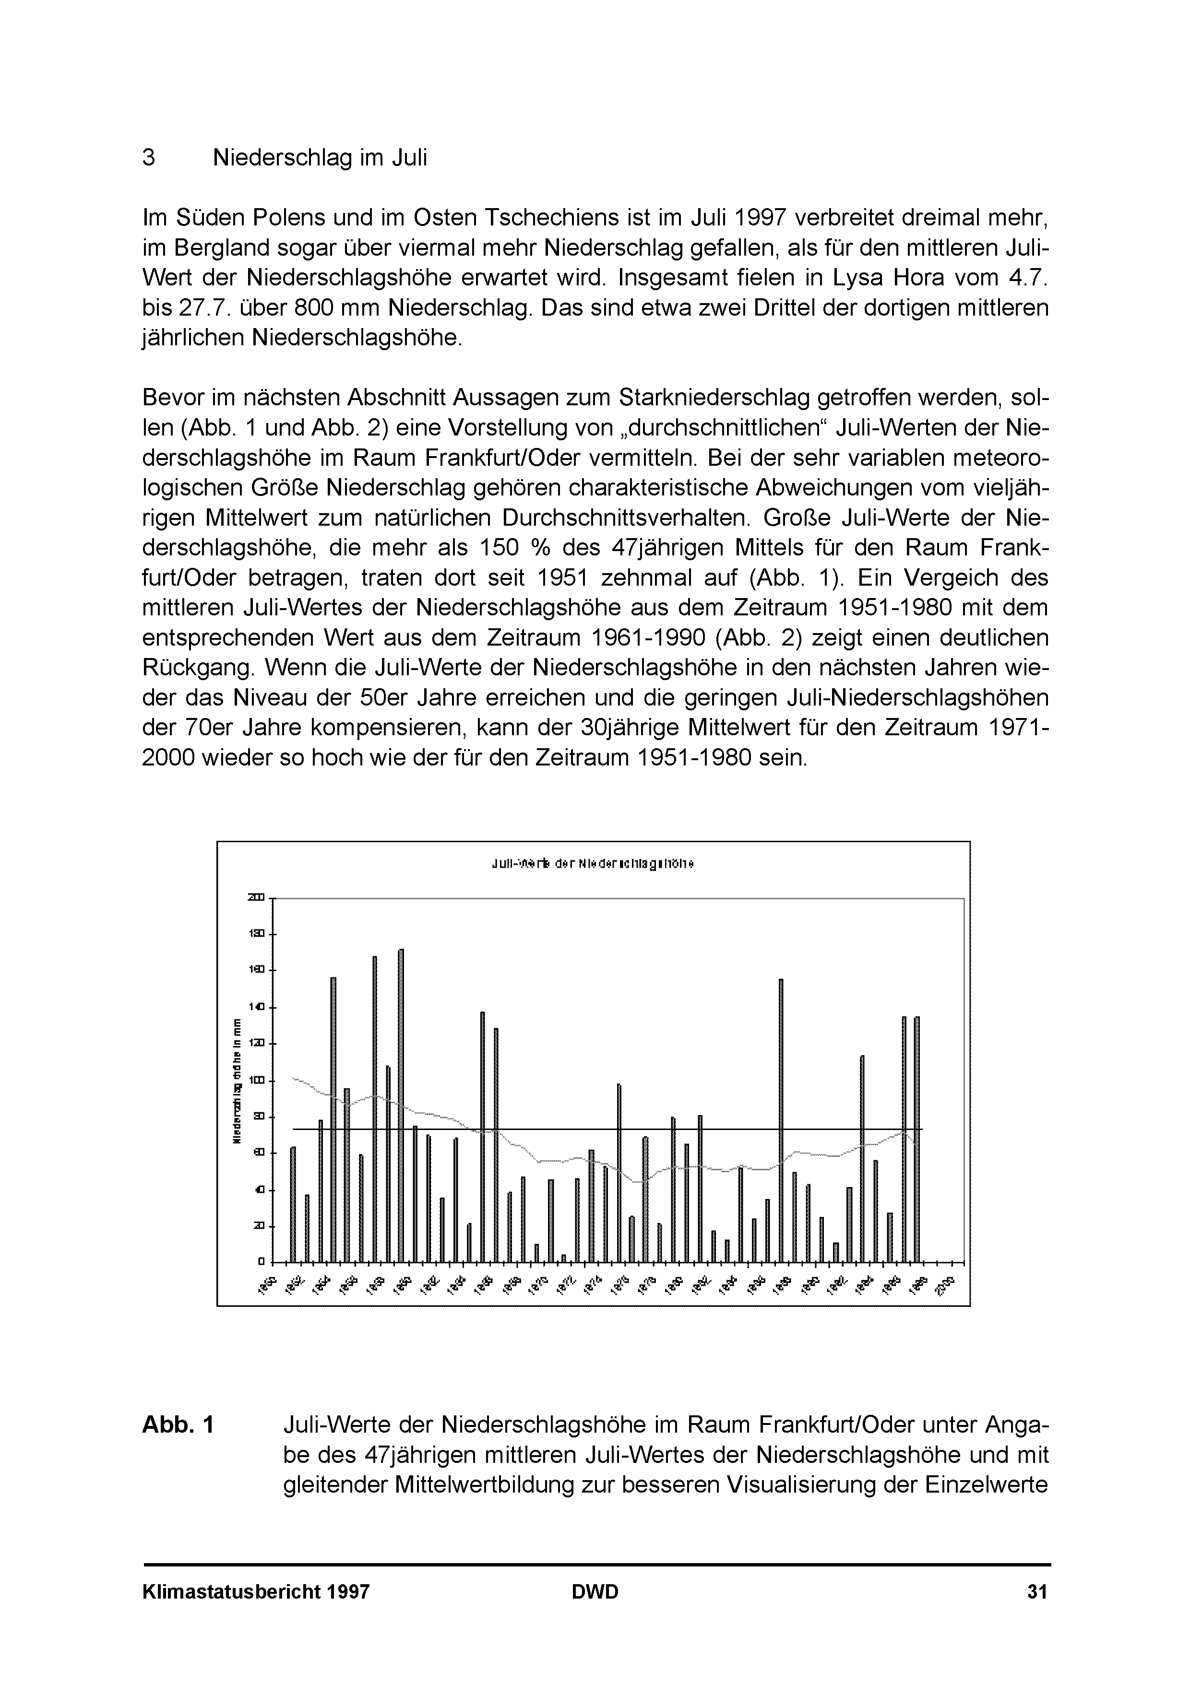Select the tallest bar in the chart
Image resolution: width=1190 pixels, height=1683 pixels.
point(401,1099)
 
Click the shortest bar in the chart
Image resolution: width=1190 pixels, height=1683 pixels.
point(564,1258)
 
